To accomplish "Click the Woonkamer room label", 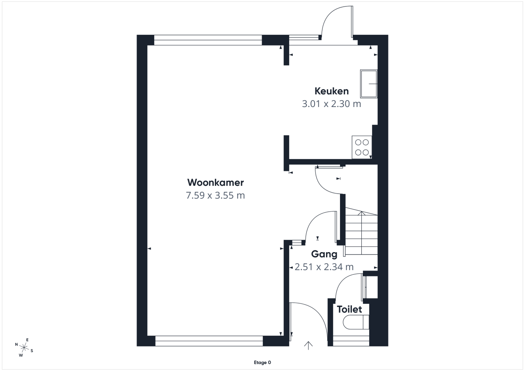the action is click(x=215, y=183).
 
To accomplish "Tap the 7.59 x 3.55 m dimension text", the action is click(x=215, y=195).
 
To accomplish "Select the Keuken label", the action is click(x=331, y=91).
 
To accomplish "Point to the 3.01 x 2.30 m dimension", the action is click(x=331, y=104).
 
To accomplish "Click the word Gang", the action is click(x=324, y=254).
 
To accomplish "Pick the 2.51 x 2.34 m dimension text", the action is click(x=324, y=267).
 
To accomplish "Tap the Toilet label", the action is click(x=349, y=310).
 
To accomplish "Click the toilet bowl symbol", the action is click(x=356, y=322).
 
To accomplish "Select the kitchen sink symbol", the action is click(x=369, y=84).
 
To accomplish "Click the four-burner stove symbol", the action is click(x=362, y=147).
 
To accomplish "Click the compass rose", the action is click(x=24, y=347).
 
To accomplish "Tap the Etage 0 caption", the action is click(x=262, y=362).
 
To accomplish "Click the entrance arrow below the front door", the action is click(x=308, y=346).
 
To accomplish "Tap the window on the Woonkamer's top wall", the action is click(x=208, y=40).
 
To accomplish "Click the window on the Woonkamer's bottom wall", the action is click(x=209, y=341).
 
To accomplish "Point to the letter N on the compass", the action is click(x=16, y=344).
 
